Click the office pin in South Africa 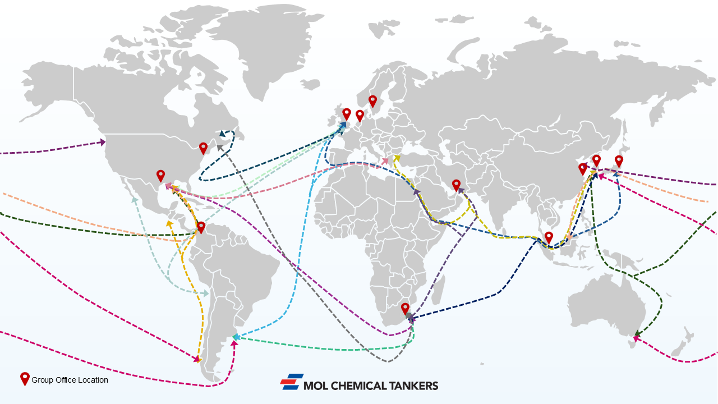tap(405, 309)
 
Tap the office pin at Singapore tap(549, 237)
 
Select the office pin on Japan tap(619, 161)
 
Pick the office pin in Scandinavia tap(372, 101)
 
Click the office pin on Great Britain tap(347, 114)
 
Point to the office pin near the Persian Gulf tap(456, 185)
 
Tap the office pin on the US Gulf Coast tap(160, 176)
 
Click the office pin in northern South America tap(201, 227)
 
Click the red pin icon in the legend tap(25, 379)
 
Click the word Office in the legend tap(66, 380)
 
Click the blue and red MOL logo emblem tap(292, 382)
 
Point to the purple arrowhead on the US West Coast tap(102, 142)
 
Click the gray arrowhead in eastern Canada tap(220, 148)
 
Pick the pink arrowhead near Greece tap(385, 160)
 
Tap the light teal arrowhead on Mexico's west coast tap(135, 199)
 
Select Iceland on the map tap(310, 84)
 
